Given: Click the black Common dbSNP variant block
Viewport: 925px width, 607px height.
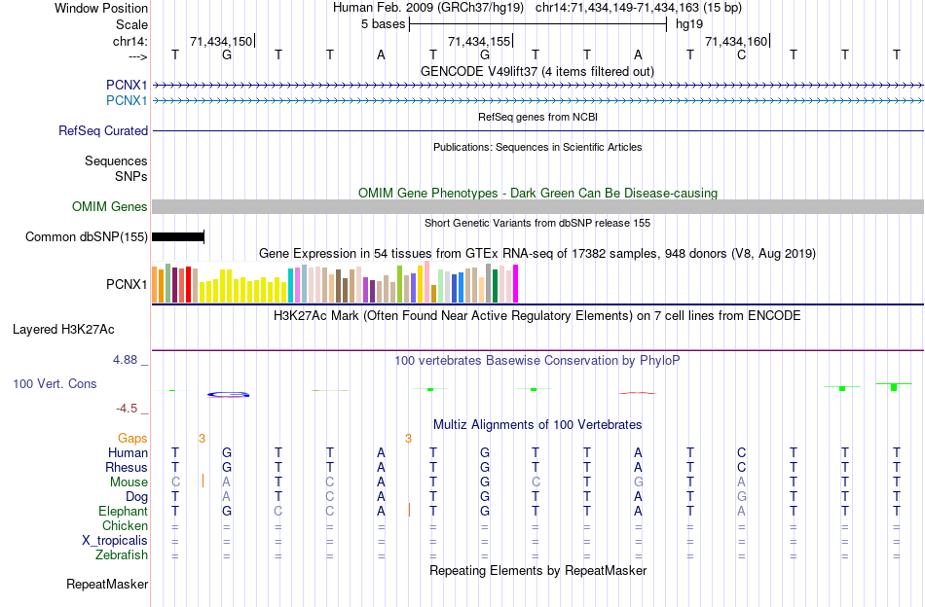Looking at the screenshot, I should (178, 236).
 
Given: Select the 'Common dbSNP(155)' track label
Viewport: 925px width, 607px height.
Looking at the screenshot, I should (87, 236).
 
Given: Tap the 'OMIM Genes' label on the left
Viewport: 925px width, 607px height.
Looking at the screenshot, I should (110, 206).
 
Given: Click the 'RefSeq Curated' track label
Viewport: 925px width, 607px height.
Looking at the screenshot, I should (103, 130).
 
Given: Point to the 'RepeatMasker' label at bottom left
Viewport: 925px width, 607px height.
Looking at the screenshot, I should (107, 585).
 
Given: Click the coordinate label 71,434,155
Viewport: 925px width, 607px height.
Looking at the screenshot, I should (479, 42).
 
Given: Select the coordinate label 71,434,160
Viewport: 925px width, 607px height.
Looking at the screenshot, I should (736, 42).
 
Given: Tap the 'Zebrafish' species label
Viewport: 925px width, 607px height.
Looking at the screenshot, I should (122, 555).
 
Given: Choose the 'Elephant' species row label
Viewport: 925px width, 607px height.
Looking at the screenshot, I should (123, 511).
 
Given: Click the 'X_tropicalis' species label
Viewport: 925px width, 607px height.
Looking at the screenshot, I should (115, 541).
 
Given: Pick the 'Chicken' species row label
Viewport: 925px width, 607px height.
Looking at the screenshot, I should (126, 526).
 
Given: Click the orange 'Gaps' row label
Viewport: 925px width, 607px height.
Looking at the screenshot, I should (132, 439).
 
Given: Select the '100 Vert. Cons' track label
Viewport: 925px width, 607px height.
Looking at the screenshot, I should (55, 384).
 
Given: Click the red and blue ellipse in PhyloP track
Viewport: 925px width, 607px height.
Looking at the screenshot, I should (229, 394).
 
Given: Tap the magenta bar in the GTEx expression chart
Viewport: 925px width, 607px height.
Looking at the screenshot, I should (515, 283).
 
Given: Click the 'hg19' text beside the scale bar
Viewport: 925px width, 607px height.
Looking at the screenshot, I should (689, 23).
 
